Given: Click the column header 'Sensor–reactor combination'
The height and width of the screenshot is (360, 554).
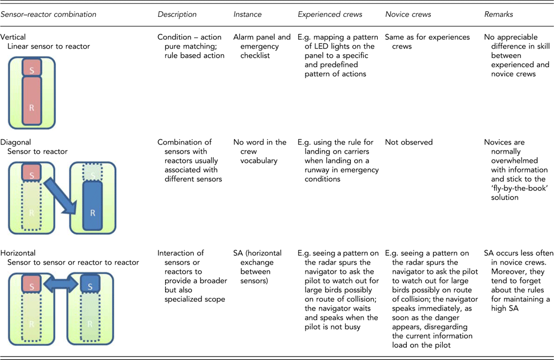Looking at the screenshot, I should click(x=48, y=14).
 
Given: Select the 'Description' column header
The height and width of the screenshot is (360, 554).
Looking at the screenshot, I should click(x=177, y=14).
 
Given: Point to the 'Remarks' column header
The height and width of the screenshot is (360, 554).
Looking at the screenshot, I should click(x=498, y=14).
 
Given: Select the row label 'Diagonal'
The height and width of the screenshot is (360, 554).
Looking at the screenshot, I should click(x=16, y=142).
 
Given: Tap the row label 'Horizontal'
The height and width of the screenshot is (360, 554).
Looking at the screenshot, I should click(x=18, y=253).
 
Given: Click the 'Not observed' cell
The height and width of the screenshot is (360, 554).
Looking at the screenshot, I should click(x=409, y=142).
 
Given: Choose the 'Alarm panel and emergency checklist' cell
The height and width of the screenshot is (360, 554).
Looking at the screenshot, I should click(x=261, y=46).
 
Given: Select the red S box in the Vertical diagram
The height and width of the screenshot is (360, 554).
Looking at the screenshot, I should click(x=32, y=68).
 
